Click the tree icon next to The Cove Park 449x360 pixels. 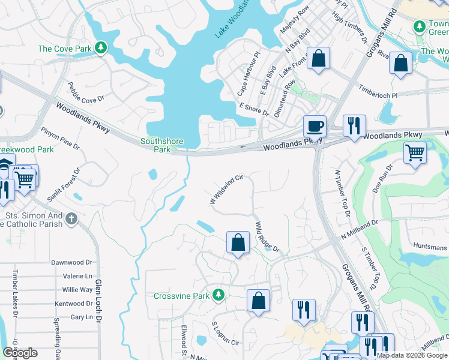101,48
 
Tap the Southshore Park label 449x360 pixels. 161,145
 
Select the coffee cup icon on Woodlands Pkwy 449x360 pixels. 315,127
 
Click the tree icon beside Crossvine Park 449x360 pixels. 220,295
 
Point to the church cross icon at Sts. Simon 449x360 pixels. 71,218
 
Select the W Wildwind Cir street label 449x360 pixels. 226,189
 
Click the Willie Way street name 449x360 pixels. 77,290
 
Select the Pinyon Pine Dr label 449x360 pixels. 60,137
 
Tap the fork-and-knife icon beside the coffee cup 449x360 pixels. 354,125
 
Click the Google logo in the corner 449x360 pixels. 20,353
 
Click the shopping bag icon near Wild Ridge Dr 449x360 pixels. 238,243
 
